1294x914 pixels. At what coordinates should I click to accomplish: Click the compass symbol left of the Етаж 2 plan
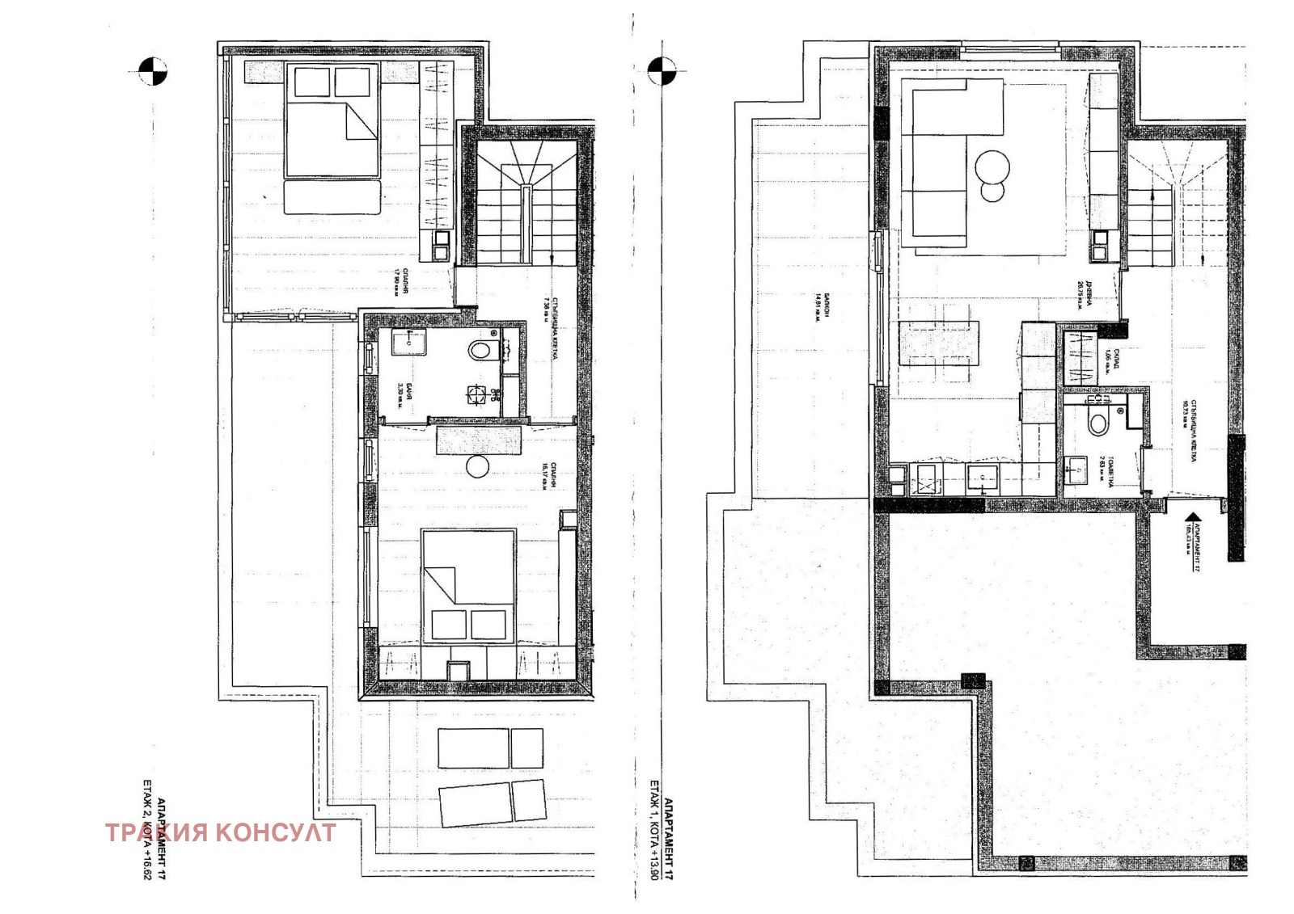[x=153, y=71]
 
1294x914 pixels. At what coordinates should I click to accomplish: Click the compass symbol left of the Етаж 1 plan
[x=662, y=70]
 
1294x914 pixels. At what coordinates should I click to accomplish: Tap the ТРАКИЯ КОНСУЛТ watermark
[x=220, y=832]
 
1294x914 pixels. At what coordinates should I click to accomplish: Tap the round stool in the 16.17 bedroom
[x=478, y=467]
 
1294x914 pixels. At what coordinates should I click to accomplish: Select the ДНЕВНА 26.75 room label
[x=1082, y=296]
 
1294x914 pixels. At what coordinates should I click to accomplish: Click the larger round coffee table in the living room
[x=992, y=167]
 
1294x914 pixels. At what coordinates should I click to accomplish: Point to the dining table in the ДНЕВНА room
[x=939, y=343]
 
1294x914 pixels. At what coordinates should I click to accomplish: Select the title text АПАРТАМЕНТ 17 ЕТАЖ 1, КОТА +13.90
[x=662, y=829]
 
